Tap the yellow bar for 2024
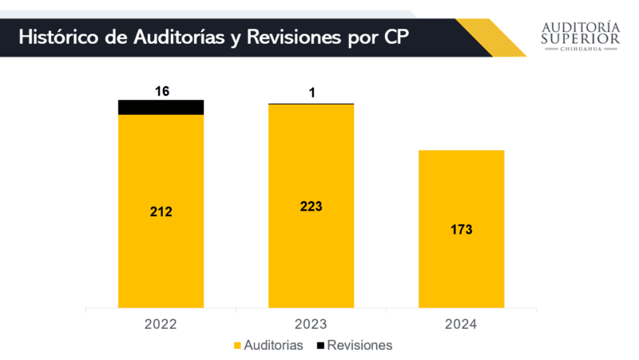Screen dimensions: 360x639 pyautogui.click(x=461, y=263)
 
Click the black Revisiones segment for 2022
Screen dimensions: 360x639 pyautogui.click(x=161, y=107)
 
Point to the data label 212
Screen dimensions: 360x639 pyautogui.click(x=161, y=212)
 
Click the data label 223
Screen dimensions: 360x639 pyautogui.click(x=311, y=206)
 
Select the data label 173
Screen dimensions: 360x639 pyautogui.click(x=461, y=229)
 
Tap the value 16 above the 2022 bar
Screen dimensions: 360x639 pyautogui.click(x=161, y=91)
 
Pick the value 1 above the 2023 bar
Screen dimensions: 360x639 pyautogui.click(x=312, y=93)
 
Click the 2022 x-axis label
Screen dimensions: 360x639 pyautogui.click(x=161, y=324)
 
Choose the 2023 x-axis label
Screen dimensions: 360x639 pyautogui.click(x=311, y=324)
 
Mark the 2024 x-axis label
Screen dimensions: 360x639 pyautogui.click(x=461, y=324)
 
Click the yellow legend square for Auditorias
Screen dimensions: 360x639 pyautogui.click(x=237, y=346)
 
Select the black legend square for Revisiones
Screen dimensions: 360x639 pyautogui.click(x=320, y=346)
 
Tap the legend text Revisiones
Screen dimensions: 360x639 pyautogui.click(x=359, y=346)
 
